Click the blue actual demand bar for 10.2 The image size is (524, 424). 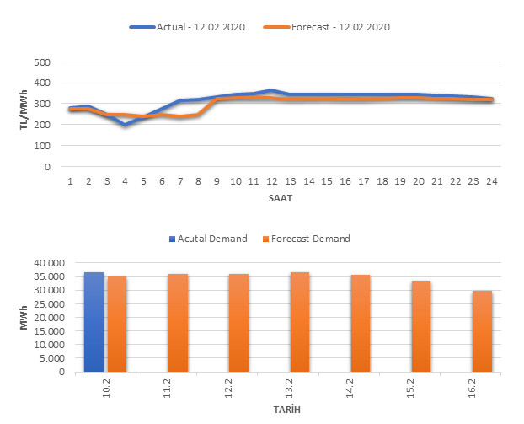click(x=94, y=322)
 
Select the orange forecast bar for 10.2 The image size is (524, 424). click(x=117, y=325)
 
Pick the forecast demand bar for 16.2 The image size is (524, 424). click(x=483, y=331)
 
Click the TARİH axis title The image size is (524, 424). click(x=288, y=410)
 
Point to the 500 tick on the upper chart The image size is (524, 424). click(x=42, y=62)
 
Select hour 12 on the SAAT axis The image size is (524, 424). click(x=271, y=181)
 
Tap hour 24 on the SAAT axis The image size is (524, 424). click(x=491, y=181)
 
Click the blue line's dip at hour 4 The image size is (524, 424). click(x=126, y=125)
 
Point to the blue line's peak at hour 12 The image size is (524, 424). click(x=271, y=90)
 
